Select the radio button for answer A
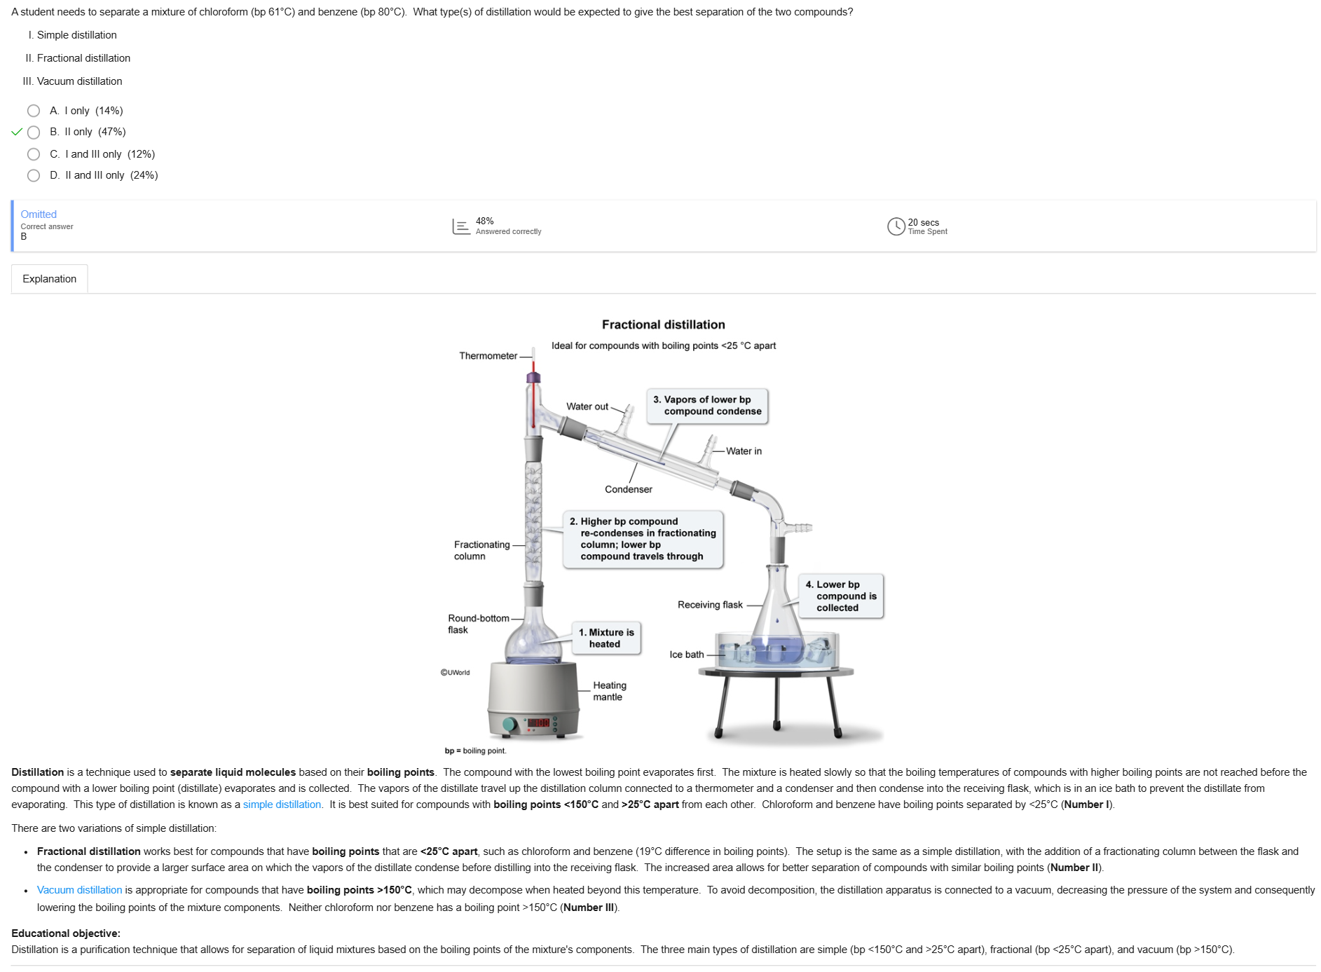click(34, 111)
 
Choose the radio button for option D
click(34, 175)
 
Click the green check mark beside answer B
click(17, 132)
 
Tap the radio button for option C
click(34, 154)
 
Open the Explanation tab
click(49, 279)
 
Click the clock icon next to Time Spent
click(896, 226)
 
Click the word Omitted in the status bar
click(39, 214)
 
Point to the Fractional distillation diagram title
click(663, 324)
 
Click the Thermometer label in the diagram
click(488, 356)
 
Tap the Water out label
click(587, 406)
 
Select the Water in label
click(744, 451)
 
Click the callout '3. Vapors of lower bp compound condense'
click(707, 406)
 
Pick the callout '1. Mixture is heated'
click(606, 638)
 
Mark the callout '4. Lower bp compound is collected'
click(841, 596)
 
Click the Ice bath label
click(686, 655)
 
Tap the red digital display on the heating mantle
click(538, 723)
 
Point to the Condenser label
click(628, 489)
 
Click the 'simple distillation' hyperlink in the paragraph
click(282, 805)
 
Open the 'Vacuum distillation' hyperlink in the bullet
click(79, 890)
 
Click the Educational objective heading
click(66, 933)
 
